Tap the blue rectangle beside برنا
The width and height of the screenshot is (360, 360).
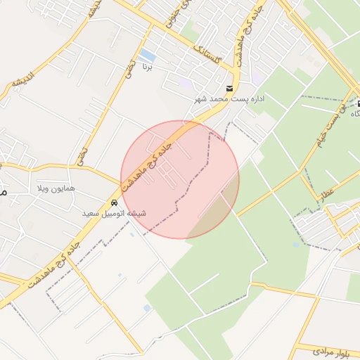coord(148,55)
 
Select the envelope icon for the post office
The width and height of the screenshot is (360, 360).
coord(229,88)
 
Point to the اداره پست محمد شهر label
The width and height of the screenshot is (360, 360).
coord(230,100)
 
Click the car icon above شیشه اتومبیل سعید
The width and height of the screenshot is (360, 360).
coord(115,202)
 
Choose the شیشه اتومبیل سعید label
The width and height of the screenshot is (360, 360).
coord(115,212)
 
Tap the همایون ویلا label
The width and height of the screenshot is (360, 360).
coord(57,189)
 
